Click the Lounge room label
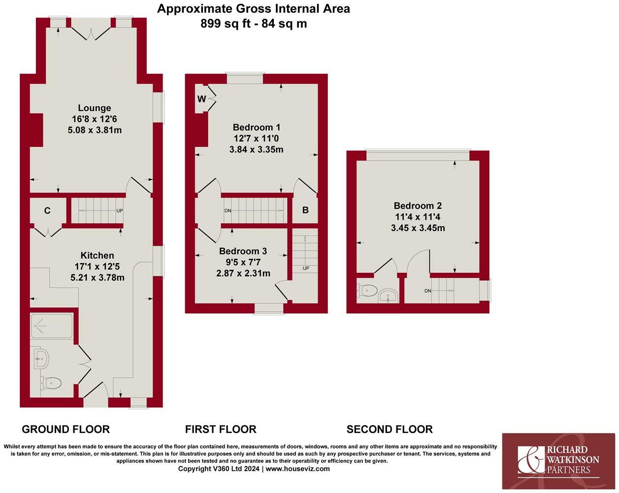[x=95, y=108]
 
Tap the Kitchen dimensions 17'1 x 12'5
[x=97, y=266]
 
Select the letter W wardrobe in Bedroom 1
[x=201, y=99]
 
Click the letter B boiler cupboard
[x=305, y=210]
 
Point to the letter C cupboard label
[x=47, y=211]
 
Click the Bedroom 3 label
[x=243, y=251]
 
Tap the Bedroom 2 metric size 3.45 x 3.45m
[x=418, y=228]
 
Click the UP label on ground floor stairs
[x=119, y=211]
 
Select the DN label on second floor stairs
[x=427, y=291]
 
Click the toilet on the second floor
[x=368, y=291]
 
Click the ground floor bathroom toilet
[x=51, y=382]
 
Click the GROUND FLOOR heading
[x=66, y=429]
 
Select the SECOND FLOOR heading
[x=390, y=429]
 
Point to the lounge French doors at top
[x=92, y=33]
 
